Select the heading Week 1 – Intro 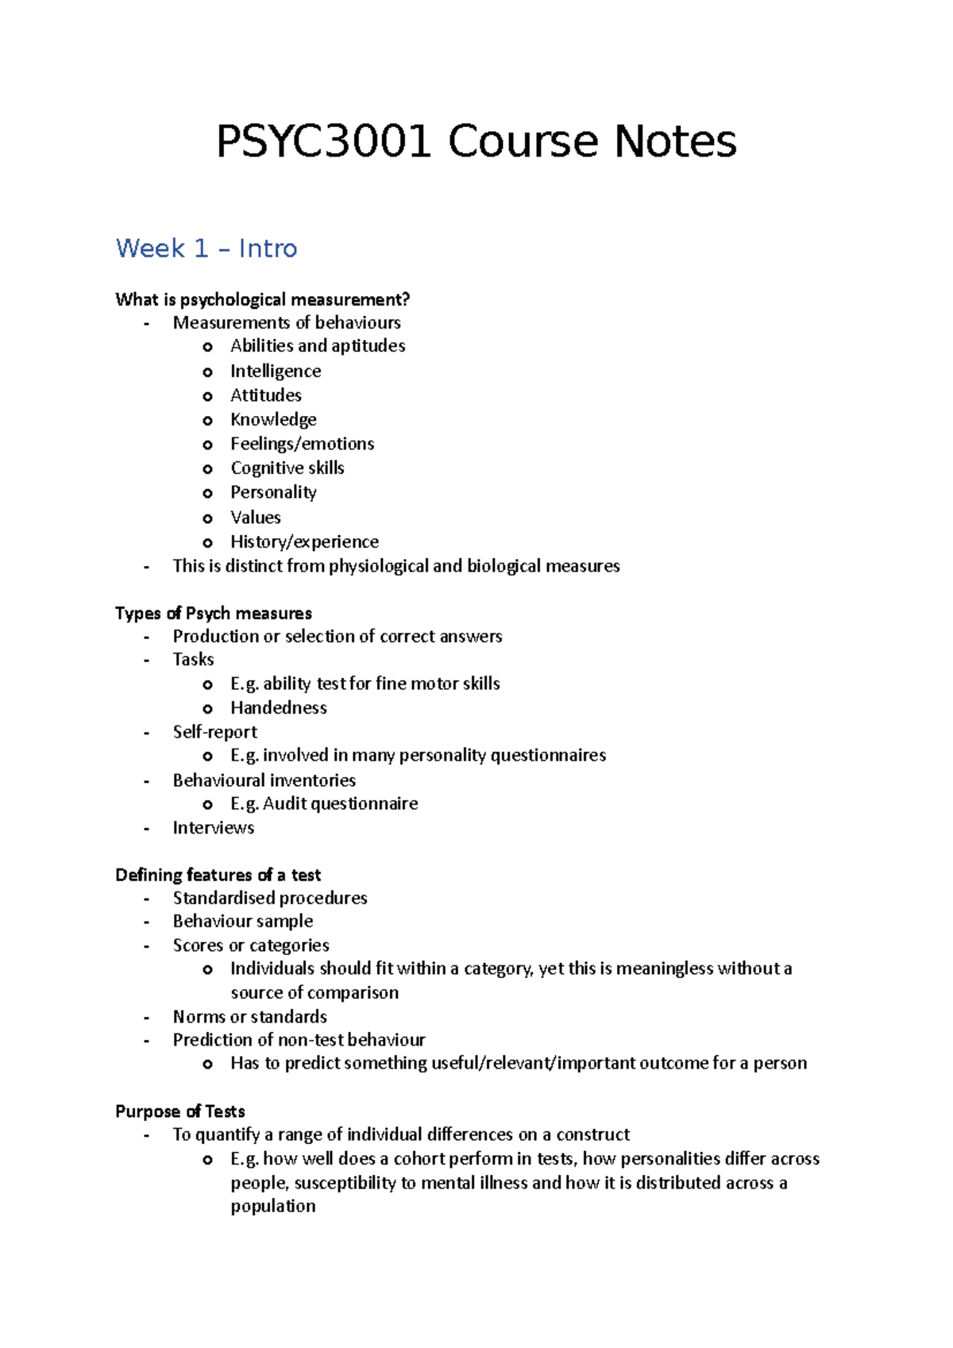click(x=206, y=248)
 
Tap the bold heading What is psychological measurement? click(x=262, y=299)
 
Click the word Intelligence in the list click(x=276, y=371)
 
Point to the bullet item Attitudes click(x=266, y=395)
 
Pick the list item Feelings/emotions click(x=302, y=444)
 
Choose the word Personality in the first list click(x=273, y=492)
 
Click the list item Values click(x=256, y=518)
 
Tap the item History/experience click(x=304, y=541)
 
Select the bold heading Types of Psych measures click(x=214, y=613)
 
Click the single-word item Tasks click(x=193, y=659)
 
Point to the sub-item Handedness click(x=279, y=707)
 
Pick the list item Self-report click(x=215, y=732)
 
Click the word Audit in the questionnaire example click(x=284, y=803)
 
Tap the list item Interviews click(x=214, y=828)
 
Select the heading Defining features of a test click(x=218, y=875)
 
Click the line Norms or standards click(x=250, y=1016)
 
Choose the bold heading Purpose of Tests click(x=180, y=1111)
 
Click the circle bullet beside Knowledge click(x=207, y=421)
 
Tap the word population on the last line click(x=273, y=1206)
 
